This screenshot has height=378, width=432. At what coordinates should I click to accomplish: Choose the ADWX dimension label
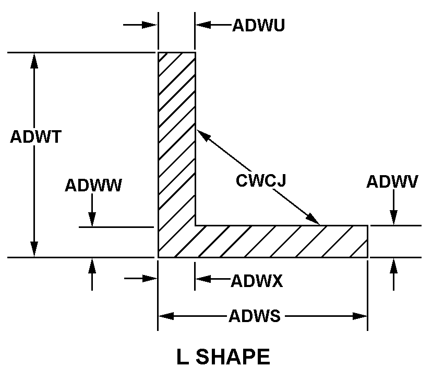tap(257, 281)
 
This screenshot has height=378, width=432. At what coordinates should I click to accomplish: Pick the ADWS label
tap(255, 316)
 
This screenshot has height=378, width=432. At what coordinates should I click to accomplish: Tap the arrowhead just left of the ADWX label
tap(202, 279)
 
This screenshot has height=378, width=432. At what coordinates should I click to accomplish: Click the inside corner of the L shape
tap(196, 225)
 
